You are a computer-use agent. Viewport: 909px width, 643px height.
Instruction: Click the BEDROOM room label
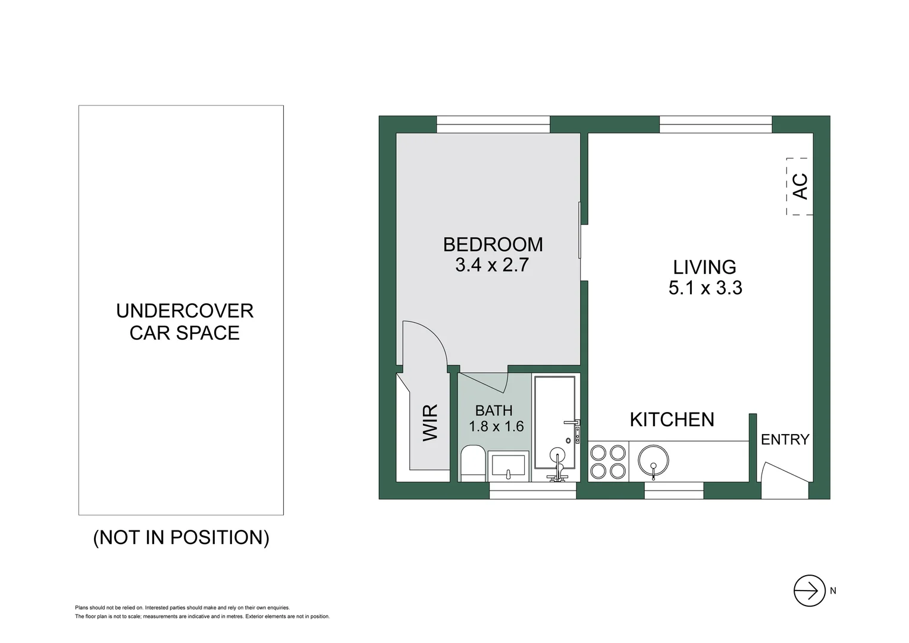coord(493,244)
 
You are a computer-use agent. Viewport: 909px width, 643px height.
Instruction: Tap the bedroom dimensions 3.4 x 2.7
coord(492,265)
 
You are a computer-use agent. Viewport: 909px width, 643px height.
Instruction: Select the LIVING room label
coord(704,267)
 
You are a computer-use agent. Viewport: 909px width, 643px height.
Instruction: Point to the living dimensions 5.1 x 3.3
coord(705,288)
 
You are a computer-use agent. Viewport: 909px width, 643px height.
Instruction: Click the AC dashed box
coord(800,186)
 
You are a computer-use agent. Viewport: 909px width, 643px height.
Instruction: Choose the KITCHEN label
coord(672,420)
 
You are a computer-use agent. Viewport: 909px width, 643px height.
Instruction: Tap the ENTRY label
coord(785,439)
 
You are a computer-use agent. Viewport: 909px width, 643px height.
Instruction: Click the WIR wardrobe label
coord(430,422)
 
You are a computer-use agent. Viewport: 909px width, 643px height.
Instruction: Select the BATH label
coord(494,410)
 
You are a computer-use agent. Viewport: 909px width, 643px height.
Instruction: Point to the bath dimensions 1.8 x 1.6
coord(496,426)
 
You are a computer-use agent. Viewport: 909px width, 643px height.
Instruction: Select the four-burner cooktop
coord(609,462)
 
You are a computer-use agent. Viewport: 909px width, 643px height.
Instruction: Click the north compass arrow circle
coord(809,591)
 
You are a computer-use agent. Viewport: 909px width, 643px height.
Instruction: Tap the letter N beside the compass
coord(833,591)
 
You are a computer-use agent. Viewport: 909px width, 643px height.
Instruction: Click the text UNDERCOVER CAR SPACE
coord(184,321)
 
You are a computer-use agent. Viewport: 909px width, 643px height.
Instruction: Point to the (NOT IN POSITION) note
coord(181,538)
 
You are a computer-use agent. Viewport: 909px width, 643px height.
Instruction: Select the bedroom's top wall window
coord(493,124)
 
